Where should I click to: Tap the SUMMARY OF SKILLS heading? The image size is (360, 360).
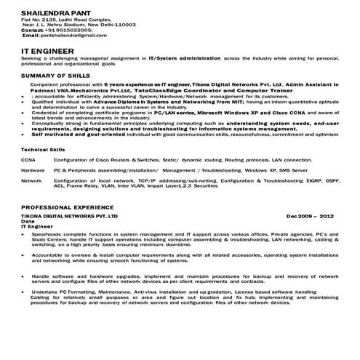coord(59,76)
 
